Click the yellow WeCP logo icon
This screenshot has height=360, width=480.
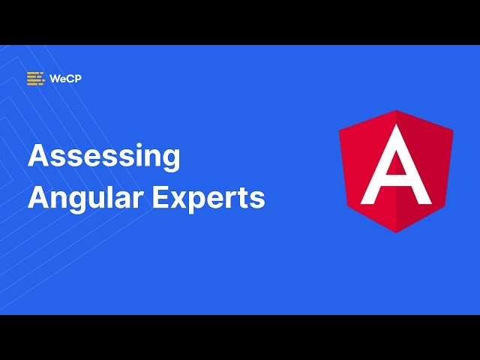point(35,78)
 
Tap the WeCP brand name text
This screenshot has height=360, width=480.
point(65,78)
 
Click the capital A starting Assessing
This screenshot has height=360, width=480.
point(37,156)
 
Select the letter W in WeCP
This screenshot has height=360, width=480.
point(55,78)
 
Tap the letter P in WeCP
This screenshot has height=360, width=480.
point(77,78)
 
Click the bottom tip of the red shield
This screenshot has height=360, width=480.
point(396,232)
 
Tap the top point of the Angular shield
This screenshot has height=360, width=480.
point(396,111)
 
